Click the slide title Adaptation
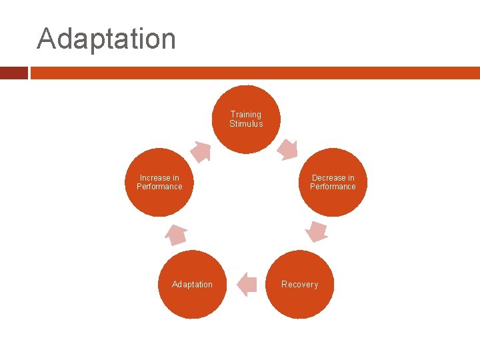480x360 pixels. [x=107, y=39]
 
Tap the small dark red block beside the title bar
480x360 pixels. [x=13, y=73]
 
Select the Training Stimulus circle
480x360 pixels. [x=246, y=119]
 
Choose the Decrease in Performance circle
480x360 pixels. [x=333, y=182]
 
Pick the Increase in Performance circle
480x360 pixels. [x=159, y=182]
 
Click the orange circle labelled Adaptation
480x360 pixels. [x=193, y=285]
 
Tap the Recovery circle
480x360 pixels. [x=299, y=285]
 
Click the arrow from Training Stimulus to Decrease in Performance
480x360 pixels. [x=288, y=149]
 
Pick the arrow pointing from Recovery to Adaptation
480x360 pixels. [x=246, y=284]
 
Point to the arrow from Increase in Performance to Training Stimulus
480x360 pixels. [x=201, y=151]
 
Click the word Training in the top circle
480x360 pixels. [x=246, y=115]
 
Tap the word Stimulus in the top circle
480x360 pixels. [x=246, y=124]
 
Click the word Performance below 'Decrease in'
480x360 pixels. [x=333, y=187]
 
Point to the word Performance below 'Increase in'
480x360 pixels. [x=159, y=187]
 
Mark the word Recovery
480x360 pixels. [x=299, y=285]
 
